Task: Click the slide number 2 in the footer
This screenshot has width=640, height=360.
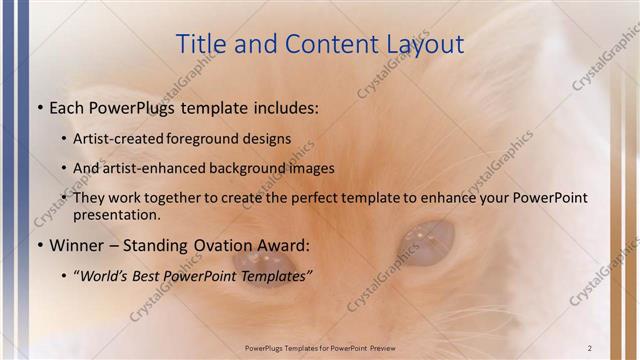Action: [590, 347]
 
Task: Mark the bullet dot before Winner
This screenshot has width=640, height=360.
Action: [39, 245]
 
